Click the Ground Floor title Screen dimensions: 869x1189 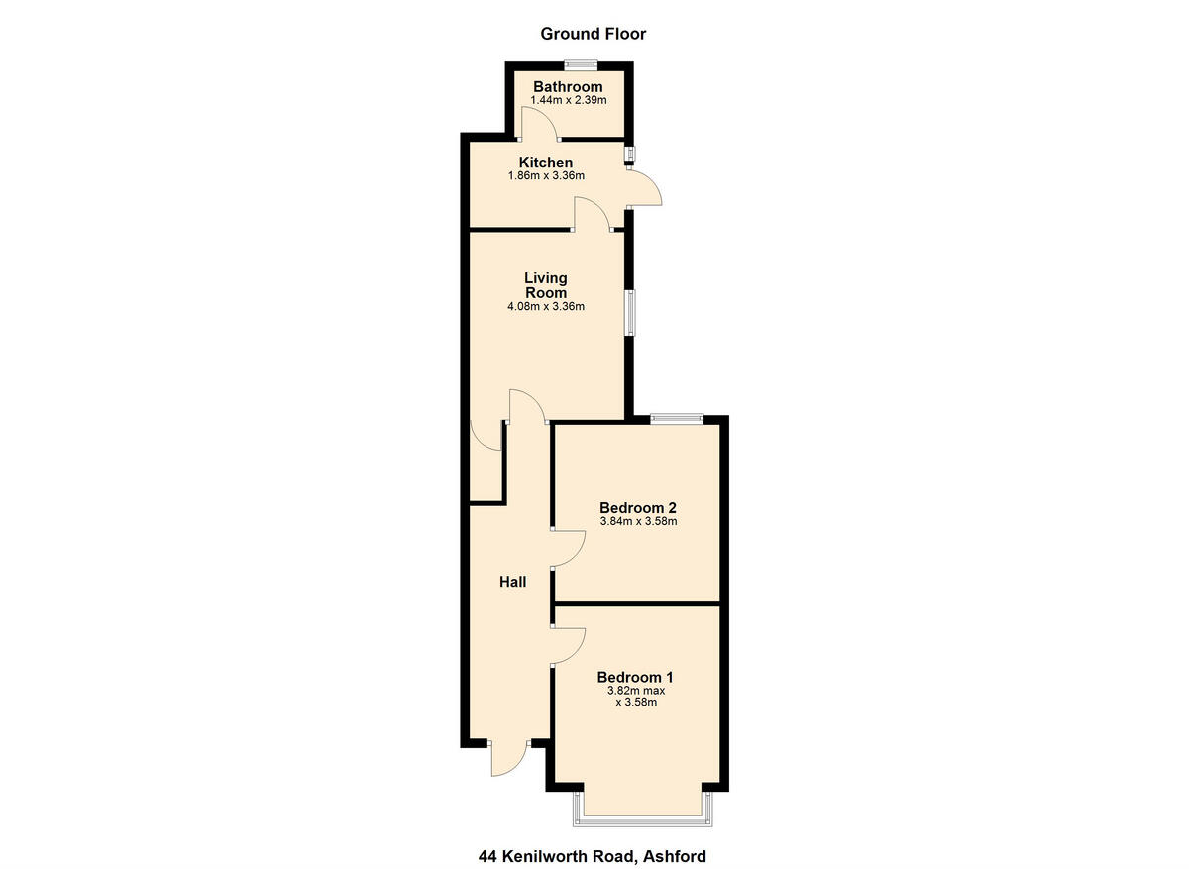pyautogui.click(x=593, y=34)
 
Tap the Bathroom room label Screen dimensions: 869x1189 pyautogui.click(x=568, y=87)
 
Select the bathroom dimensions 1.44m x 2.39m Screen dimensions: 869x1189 pyautogui.click(x=568, y=100)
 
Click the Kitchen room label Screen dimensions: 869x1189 pyautogui.click(x=546, y=163)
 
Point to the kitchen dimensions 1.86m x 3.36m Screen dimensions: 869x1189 pyautogui.click(x=546, y=176)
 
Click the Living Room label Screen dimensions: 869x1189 pyautogui.click(x=546, y=285)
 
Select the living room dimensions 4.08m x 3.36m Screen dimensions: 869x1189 pyautogui.click(x=546, y=306)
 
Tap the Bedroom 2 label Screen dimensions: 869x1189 pyautogui.click(x=637, y=507)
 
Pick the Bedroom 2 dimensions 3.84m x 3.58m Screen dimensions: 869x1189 pyautogui.click(x=637, y=521)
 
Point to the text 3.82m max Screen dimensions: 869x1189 pyautogui.click(x=636, y=691)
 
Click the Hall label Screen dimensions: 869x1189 pyautogui.click(x=512, y=582)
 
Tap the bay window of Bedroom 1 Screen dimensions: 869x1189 pyautogui.click(x=642, y=817)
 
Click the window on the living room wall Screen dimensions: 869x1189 pyautogui.click(x=629, y=313)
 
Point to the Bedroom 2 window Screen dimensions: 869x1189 pyautogui.click(x=677, y=418)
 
